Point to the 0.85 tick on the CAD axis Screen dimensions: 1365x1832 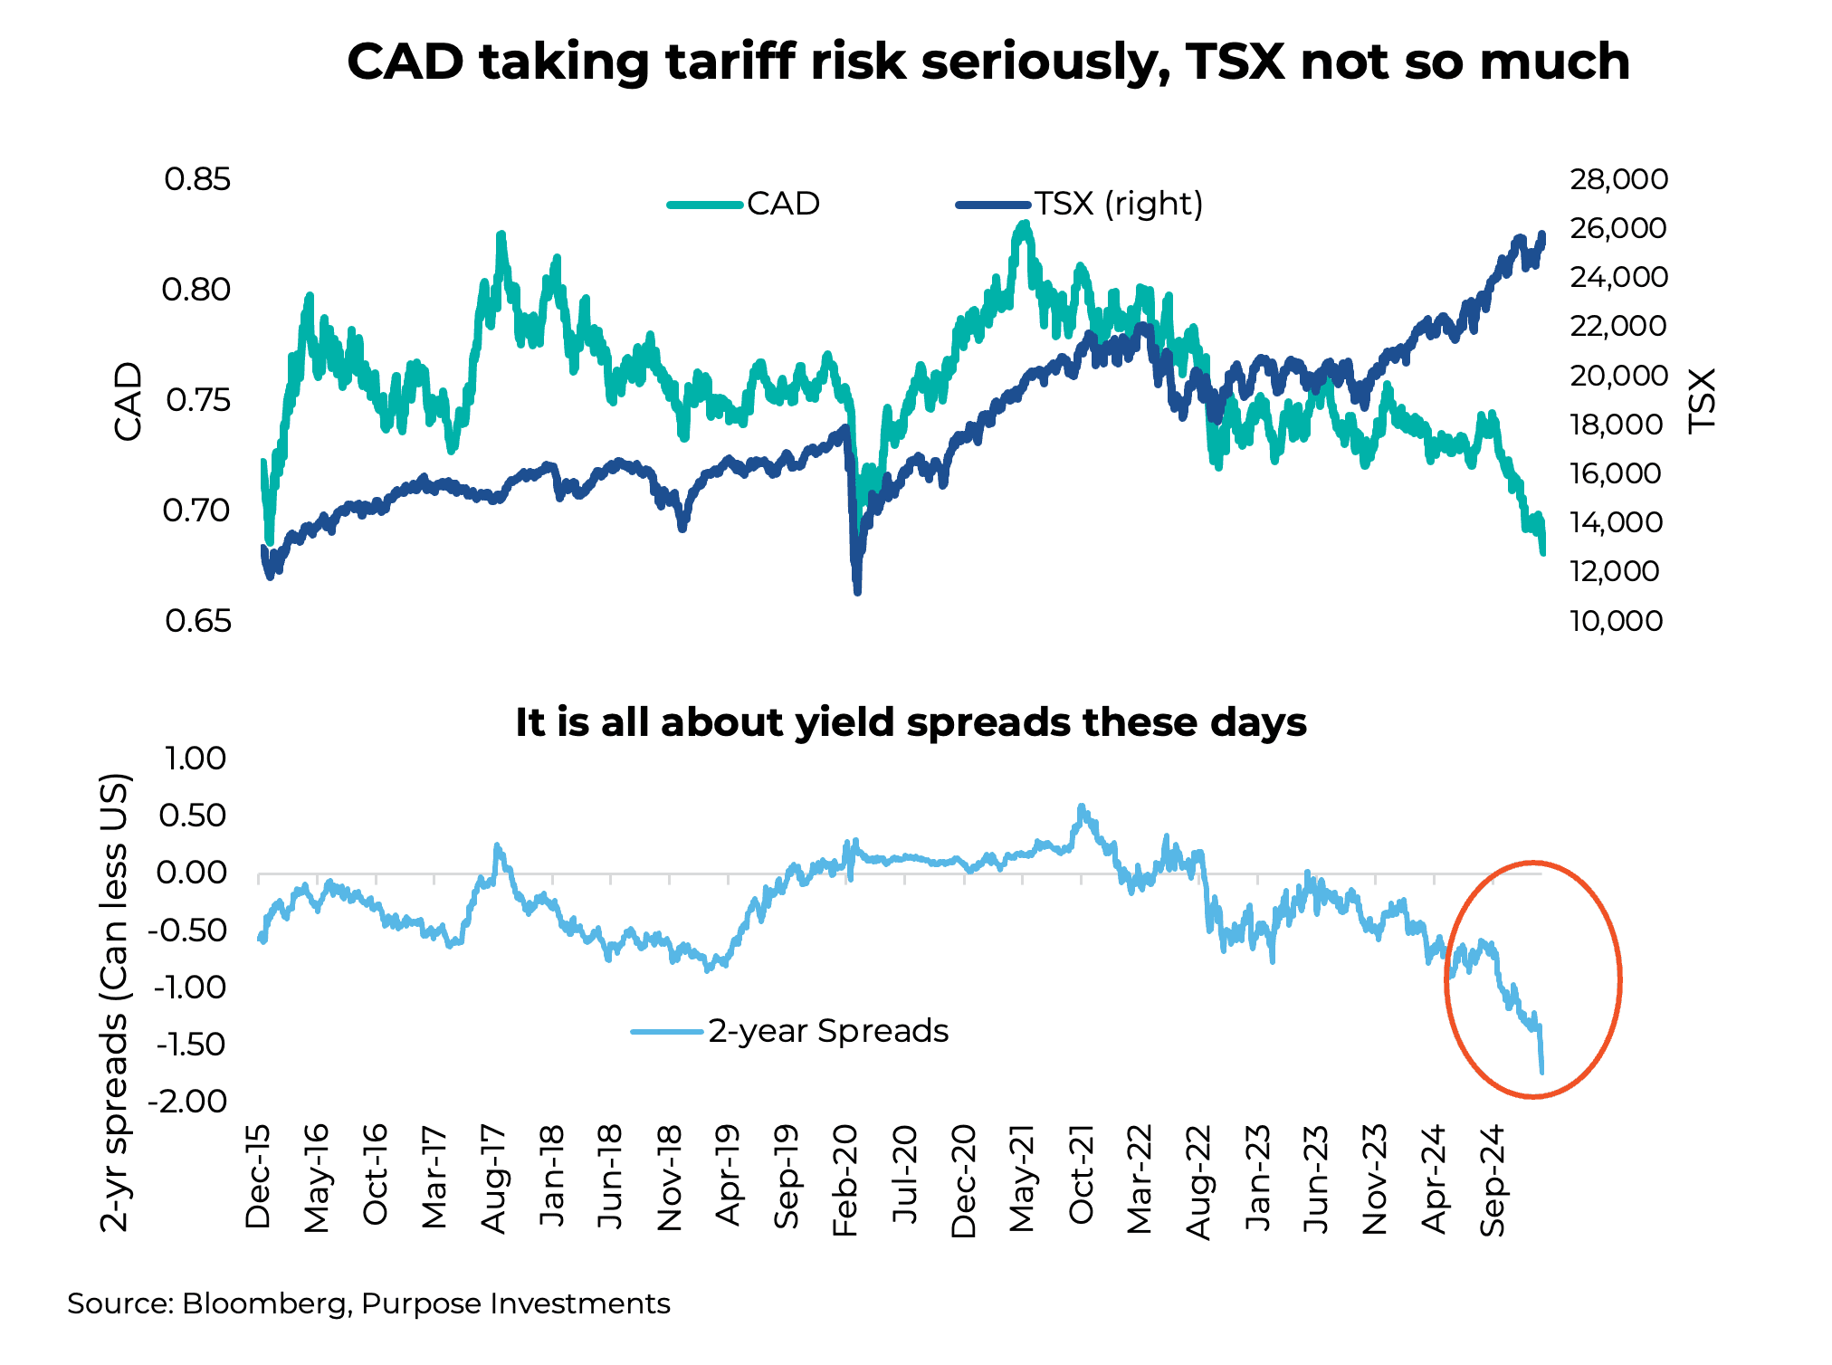197,179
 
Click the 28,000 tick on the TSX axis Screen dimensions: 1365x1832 1618,179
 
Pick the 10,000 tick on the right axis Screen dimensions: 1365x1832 1616,621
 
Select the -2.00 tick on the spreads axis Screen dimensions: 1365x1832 191,1102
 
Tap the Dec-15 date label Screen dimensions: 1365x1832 259,1176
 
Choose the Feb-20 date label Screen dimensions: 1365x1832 845,1180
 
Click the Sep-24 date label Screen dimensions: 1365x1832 1493,1180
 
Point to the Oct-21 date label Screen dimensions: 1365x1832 1082,1174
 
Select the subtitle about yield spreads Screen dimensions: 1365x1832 911,722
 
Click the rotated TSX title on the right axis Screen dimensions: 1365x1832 1703,400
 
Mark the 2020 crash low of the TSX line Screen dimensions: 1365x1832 856,591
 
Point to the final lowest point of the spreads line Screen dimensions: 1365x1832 1541,1072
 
